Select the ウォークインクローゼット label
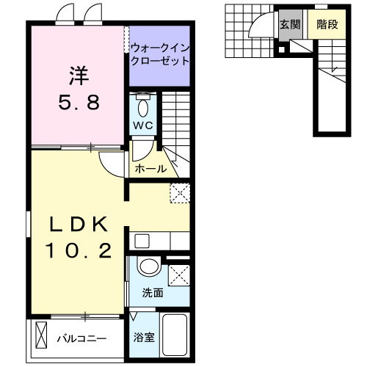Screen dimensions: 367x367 click(159, 56)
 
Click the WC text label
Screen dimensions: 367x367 click(143, 126)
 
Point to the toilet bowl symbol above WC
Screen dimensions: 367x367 click(143, 107)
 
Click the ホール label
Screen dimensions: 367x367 click(150, 170)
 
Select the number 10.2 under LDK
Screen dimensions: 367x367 click(80, 252)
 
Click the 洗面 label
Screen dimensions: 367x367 click(153, 292)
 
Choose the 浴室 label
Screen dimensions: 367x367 click(143, 338)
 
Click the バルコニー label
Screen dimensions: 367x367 click(82, 339)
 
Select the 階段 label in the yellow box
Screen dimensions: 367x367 click(327, 24)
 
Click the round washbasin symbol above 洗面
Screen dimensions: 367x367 click(150, 266)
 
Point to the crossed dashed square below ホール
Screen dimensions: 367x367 click(179, 192)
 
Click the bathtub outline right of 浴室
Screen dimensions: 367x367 click(175, 334)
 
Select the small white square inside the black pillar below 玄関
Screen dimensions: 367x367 click(282, 50)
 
